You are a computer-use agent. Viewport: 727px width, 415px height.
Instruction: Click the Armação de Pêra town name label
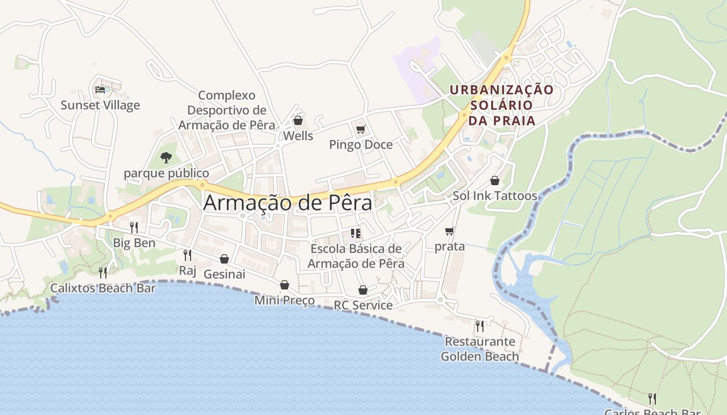click(288, 203)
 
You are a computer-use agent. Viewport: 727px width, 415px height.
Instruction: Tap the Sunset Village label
click(100, 105)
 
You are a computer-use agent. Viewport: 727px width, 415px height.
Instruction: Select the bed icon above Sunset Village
click(100, 90)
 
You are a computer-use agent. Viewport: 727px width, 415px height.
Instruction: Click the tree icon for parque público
click(166, 157)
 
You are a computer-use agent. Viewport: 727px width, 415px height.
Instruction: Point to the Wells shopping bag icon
click(298, 121)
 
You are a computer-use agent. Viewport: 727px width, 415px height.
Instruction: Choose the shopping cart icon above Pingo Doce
click(360, 129)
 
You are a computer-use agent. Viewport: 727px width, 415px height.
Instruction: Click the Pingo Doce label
click(361, 145)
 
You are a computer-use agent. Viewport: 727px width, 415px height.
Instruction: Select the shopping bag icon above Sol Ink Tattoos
click(495, 181)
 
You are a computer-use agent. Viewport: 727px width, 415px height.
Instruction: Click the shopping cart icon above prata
click(449, 231)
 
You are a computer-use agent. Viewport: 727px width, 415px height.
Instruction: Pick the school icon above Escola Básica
click(356, 233)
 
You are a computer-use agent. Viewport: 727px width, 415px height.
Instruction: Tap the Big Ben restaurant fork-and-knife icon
click(134, 227)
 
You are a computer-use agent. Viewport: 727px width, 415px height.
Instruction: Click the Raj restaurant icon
click(187, 255)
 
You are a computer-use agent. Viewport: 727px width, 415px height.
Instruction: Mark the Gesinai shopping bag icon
click(224, 258)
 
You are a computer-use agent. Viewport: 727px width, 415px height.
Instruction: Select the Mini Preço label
click(285, 300)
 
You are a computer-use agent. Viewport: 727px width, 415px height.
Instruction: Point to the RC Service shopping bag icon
click(363, 290)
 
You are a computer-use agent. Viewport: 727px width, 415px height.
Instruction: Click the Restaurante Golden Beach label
click(480, 349)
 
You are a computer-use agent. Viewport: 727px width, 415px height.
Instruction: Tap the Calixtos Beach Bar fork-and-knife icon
click(103, 272)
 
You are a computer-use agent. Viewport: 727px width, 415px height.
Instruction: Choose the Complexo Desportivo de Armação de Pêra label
click(227, 110)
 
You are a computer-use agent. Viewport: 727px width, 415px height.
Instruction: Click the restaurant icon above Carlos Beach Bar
click(652, 398)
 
